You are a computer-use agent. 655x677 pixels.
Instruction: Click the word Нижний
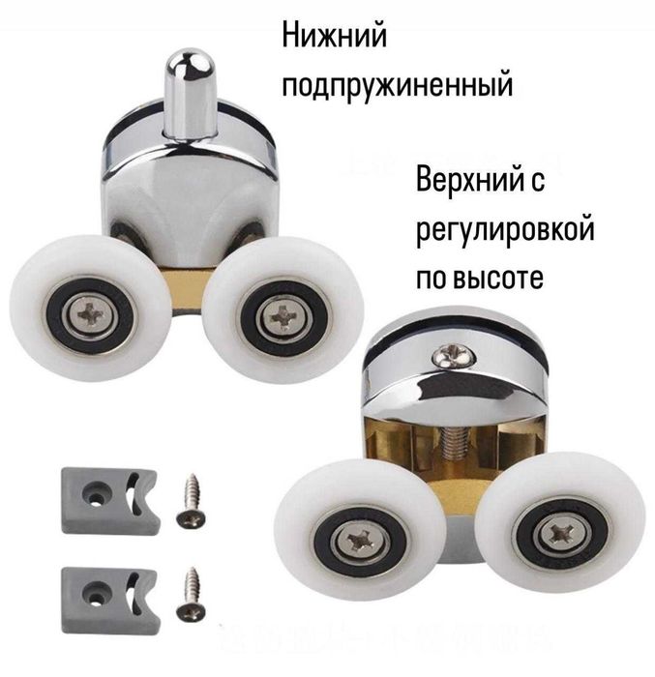334,38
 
